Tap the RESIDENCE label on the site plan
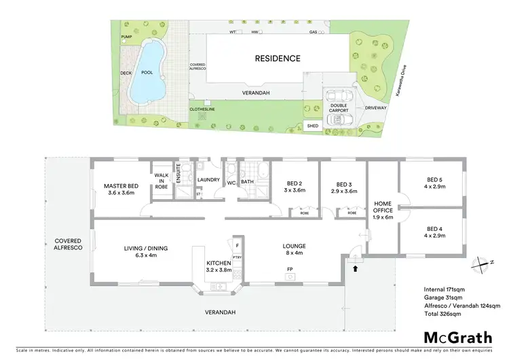pos(277,58)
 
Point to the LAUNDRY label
pos(208,180)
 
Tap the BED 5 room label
pos(435,181)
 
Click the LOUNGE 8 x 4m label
pos(295,249)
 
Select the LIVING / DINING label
pos(140,252)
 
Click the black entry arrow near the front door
pos(354,269)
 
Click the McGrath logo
pos(458,337)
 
